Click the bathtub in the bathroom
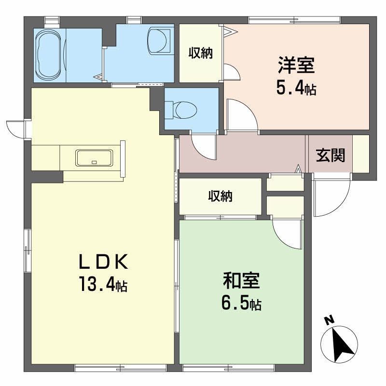(x=48, y=55)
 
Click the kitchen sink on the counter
(x=94, y=158)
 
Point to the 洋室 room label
(x=296, y=65)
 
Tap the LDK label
(x=103, y=262)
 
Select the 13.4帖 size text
(x=103, y=284)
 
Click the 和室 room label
(x=241, y=281)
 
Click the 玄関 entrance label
(x=331, y=155)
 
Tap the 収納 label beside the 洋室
(x=201, y=53)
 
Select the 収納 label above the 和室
(x=221, y=196)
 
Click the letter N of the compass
(x=329, y=320)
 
